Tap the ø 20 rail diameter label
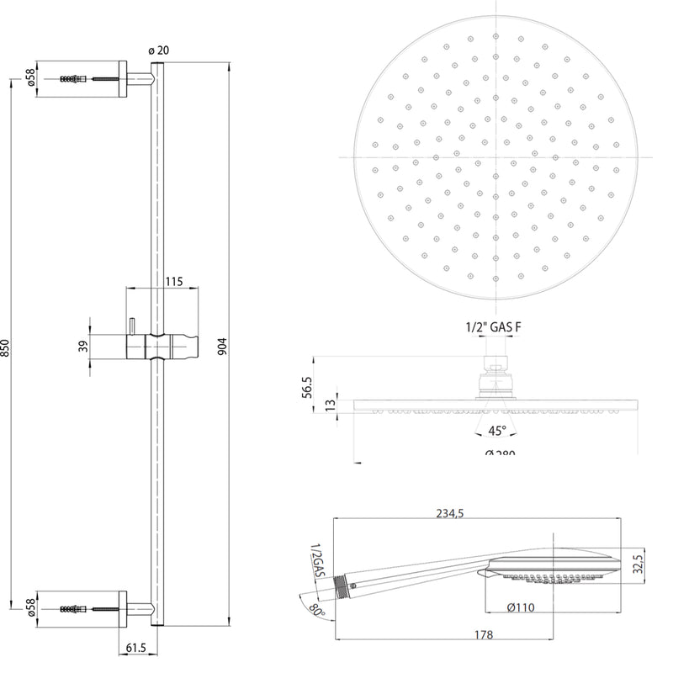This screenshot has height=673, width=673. point(158,50)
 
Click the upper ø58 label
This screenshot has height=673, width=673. point(31,79)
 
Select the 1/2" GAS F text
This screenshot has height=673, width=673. point(497,326)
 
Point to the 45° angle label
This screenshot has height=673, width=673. point(496,431)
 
